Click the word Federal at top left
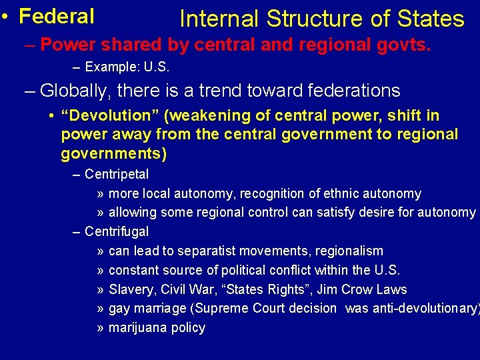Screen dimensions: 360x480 coord(57,15)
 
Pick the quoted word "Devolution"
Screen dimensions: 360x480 coord(107,115)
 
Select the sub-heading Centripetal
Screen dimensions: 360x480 coord(117,175)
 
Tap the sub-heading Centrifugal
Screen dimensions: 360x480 coord(117,232)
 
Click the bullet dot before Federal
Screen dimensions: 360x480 coord(5,16)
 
